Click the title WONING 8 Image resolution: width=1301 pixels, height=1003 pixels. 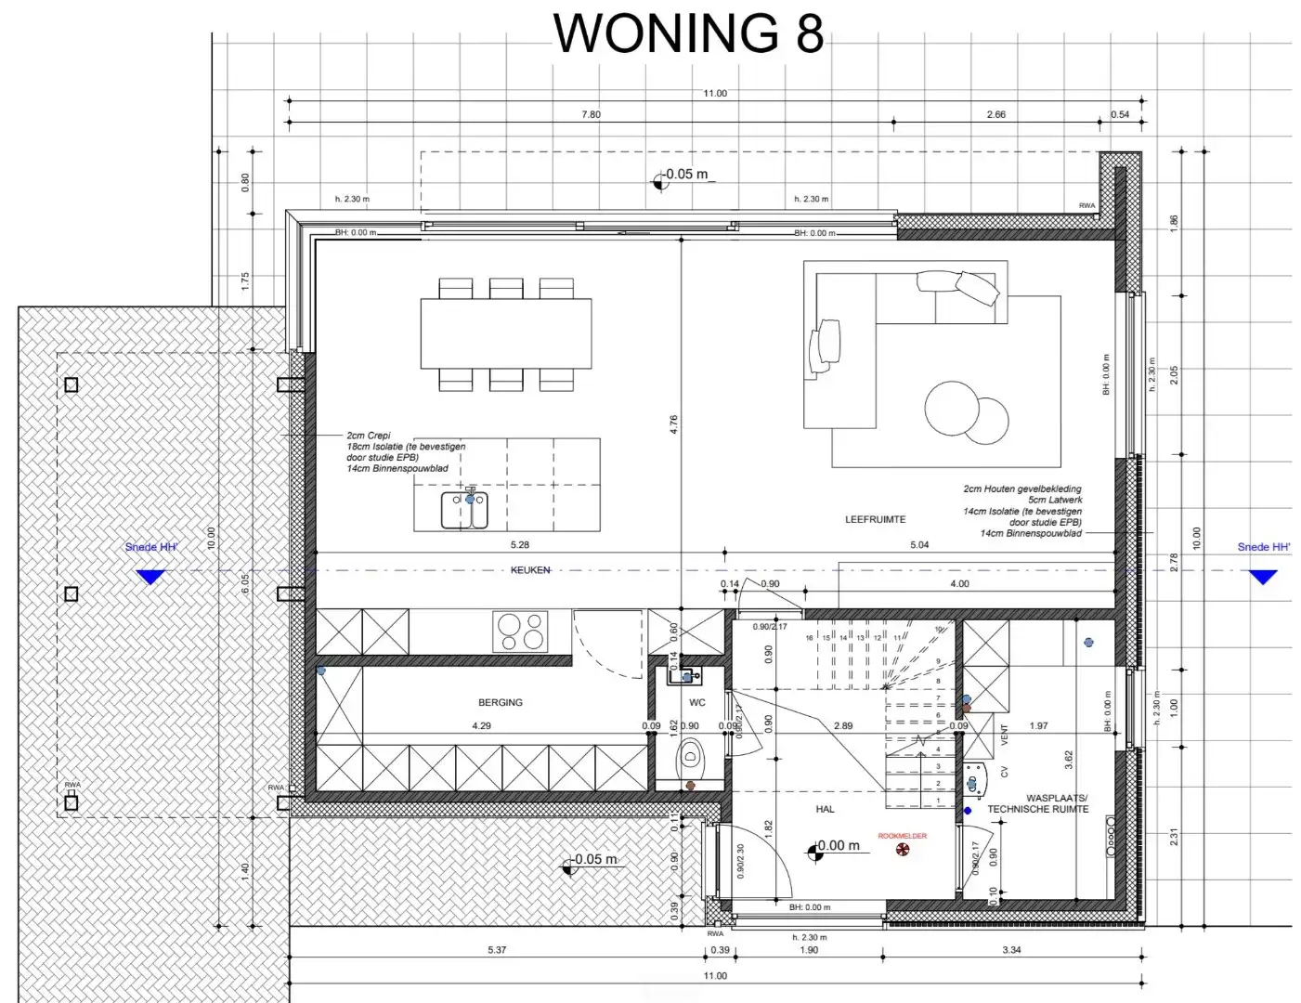[x=688, y=33]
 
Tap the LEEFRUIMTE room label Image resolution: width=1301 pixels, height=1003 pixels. [x=875, y=520]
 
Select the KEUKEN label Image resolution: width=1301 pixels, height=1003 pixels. [x=530, y=570]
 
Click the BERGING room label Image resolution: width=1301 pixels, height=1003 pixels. [x=501, y=703]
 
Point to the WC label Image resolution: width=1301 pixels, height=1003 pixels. [x=697, y=703]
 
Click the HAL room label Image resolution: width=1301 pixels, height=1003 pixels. [x=825, y=810]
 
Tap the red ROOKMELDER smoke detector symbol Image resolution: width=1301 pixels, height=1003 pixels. [x=901, y=849]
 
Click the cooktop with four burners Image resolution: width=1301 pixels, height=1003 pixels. [x=520, y=632]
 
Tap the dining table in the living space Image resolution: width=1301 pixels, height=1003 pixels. [x=506, y=333]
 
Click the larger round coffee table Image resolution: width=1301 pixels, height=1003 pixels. [x=953, y=409]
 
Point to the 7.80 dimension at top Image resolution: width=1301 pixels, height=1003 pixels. [x=591, y=115]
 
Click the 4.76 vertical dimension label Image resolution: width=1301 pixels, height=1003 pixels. [x=673, y=423]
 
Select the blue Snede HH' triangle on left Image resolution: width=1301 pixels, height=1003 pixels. [x=150, y=577]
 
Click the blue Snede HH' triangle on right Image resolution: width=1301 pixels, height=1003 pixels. [x=1262, y=577]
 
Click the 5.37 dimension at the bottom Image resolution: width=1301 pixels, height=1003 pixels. [x=497, y=950]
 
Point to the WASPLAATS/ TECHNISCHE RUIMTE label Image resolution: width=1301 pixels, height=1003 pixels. [x=1038, y=803]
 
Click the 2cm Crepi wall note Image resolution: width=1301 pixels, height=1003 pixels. [x=369, y=436]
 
